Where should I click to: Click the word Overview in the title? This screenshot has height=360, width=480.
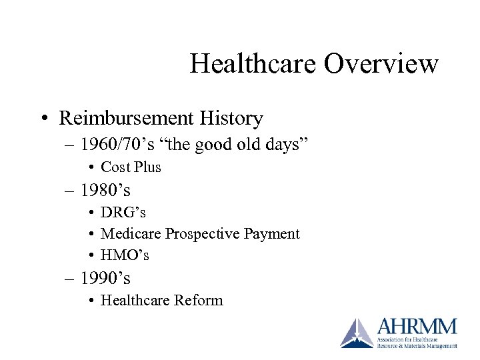(381, 64)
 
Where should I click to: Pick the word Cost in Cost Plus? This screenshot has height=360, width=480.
(115, 167)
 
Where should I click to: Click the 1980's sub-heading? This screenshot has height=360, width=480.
(105, 191)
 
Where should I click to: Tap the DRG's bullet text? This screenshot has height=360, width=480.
(123, 213)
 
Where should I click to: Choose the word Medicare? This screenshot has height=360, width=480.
(131, 234)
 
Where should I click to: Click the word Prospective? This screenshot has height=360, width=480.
(203, 234)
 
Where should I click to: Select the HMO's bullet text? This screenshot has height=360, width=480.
(125, 255)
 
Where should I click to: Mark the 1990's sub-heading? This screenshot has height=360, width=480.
(105, 278)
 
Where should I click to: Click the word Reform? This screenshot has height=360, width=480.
(198, 300)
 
